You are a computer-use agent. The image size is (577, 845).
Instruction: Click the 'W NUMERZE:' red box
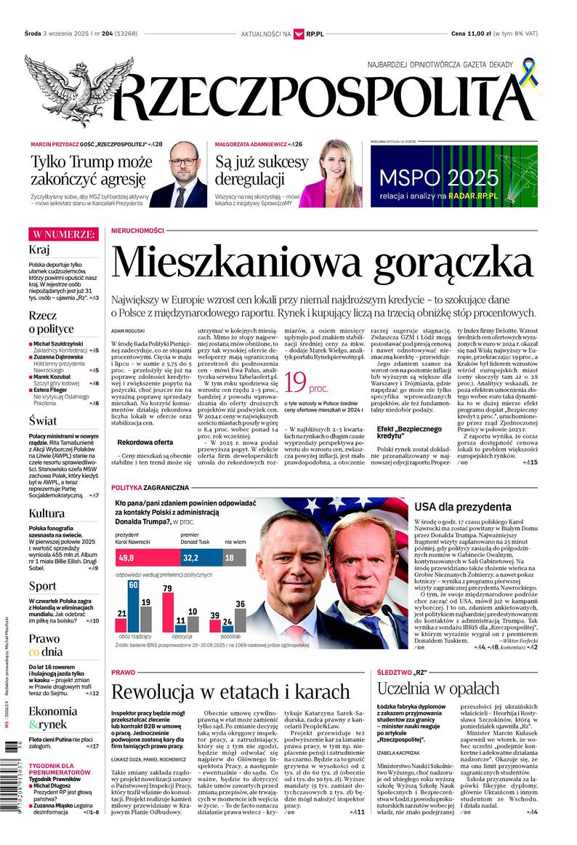pos(63,233)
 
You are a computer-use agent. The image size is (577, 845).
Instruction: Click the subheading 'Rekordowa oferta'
pos(145,441)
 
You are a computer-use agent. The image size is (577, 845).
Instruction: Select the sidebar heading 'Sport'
pos(42,585)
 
